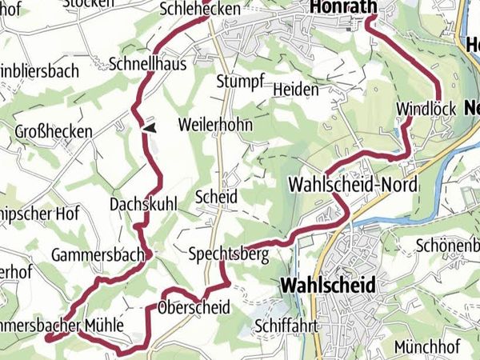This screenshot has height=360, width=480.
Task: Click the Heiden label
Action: pos(295,89)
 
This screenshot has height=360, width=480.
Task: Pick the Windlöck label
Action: pos(425,108)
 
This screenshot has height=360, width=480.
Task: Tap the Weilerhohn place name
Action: pos(215,126)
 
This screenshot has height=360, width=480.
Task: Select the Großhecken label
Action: pos(54,130)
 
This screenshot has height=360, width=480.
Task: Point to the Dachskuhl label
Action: pos(143,203)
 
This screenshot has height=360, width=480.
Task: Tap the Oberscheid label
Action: pos(194,307)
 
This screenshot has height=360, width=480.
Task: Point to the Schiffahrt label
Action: pos(288,326)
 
